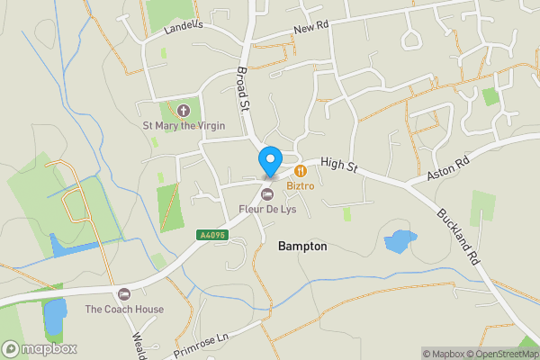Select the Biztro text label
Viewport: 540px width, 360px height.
(x=301, y=185)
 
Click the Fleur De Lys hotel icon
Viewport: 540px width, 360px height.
(x=266, y=194)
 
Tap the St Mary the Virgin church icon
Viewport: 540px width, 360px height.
(x=184, y=111)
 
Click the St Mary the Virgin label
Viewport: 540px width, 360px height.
(x=184, y=126)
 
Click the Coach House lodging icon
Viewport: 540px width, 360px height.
(x=124, y=294)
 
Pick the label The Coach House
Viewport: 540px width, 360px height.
(x=124, y=310)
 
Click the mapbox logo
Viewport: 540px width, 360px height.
(x=40, y=348)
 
